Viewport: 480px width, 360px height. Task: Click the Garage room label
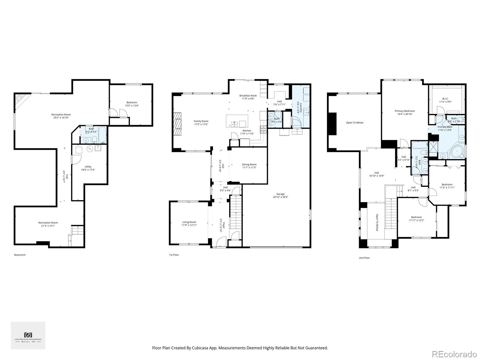(280, 194)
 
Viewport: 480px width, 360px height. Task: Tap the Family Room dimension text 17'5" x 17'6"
(201, 124)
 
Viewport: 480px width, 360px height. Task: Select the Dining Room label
(249, 164)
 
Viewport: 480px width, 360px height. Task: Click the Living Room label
(189, 222)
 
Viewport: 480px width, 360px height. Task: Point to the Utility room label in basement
(88, 167)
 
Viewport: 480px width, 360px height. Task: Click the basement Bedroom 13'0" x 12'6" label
(132, 102)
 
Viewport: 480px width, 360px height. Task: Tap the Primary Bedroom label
(405, 111)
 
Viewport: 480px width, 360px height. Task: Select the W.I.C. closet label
(445, 98)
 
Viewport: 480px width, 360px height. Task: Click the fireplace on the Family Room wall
(178, 124)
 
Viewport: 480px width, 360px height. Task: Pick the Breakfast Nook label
(248, 96)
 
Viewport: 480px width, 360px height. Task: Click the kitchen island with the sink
(237, 121)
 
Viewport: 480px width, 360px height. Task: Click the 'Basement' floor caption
(20, 255)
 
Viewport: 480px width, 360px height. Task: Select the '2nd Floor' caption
(364, 258)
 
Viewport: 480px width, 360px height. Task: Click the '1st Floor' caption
(174, 255)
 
